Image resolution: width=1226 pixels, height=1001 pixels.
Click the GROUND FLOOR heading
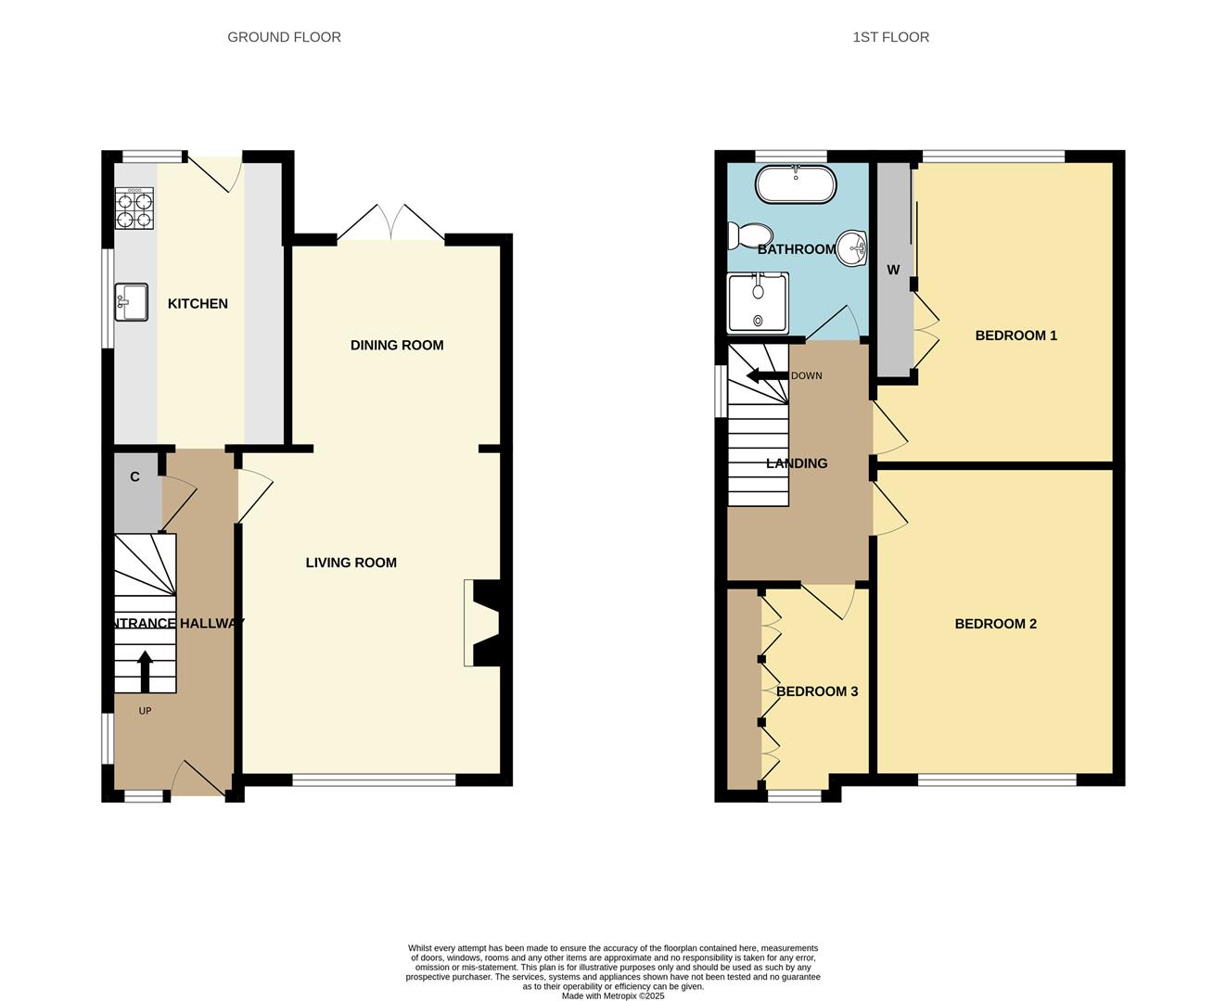284,37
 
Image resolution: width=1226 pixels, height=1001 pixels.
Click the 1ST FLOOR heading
890,37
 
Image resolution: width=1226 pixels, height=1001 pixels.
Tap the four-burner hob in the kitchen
134,209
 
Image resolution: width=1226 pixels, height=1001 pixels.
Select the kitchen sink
132,302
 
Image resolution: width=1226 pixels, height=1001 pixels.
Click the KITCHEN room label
198,304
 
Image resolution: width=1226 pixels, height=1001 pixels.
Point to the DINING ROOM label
397,345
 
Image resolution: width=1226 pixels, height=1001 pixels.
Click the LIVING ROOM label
351,563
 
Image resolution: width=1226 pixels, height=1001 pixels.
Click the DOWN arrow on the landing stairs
766,375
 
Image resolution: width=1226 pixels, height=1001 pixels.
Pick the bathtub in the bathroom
796,184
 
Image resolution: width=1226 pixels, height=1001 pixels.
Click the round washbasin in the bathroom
853,247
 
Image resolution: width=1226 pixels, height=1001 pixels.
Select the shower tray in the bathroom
758,302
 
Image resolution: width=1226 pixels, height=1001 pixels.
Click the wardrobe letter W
893,271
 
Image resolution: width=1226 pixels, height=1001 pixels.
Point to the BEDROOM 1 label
1015,336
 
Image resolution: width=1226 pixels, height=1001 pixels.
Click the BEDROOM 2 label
995,624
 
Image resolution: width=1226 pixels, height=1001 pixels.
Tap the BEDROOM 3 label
816,691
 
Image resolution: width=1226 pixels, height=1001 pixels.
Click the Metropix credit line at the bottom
612,996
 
